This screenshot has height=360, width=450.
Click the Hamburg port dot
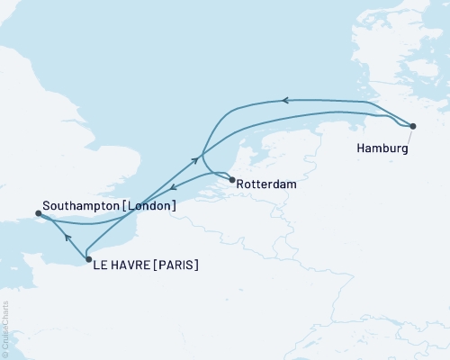click(x=413, y=126)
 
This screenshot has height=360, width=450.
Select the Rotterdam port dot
click(x=233, y=180)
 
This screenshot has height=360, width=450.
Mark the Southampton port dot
click(x=38, y=213)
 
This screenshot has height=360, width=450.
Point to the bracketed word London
click(x=150, y=206)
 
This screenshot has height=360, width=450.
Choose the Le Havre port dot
click(x=88, y=260)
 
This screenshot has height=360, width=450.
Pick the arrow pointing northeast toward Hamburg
click(x=195, y=160)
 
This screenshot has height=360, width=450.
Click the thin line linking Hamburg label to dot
click(x=408, y=135)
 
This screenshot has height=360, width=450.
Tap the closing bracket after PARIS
click(x=196, y=265)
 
